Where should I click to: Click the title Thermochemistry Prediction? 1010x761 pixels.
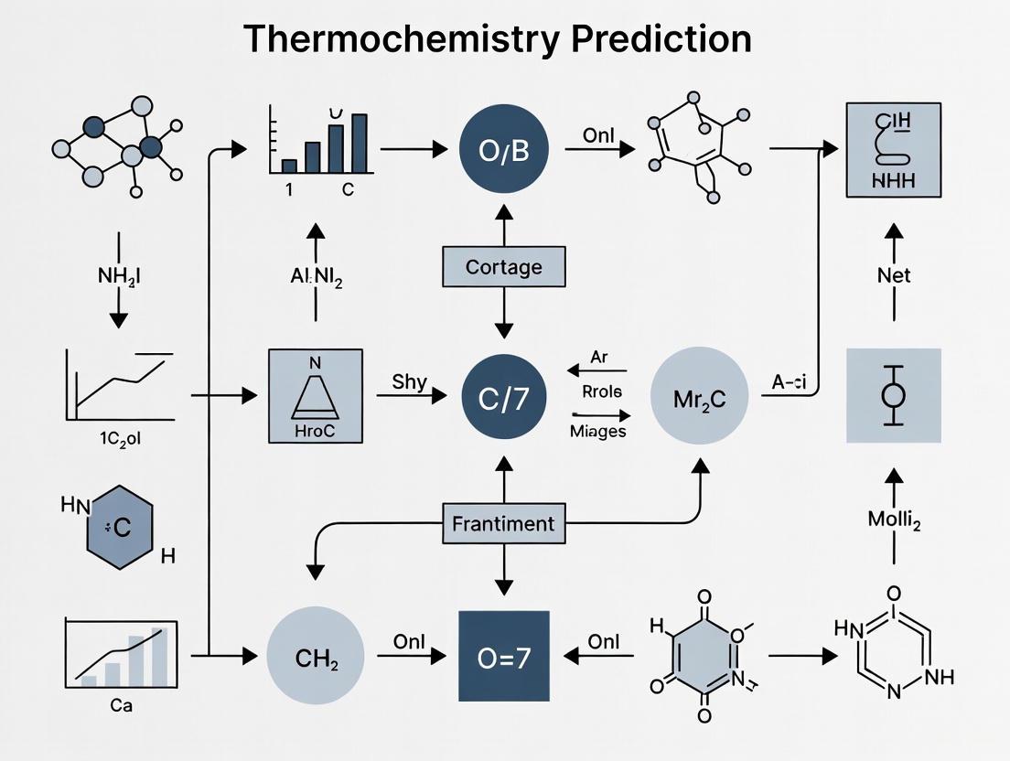[498, 38]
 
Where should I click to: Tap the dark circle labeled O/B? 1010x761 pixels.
[504, 150]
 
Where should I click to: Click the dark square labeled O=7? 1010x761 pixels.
[503, 657]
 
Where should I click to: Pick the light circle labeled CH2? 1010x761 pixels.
[315, 657]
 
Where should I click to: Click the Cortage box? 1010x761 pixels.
[503, 267]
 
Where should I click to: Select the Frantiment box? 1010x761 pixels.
[503, 524]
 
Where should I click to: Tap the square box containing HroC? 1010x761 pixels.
[316, 395]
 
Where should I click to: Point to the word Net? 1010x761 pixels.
[894, 274]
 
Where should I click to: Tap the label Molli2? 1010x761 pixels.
[894, 521]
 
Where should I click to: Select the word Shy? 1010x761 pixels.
[409, 381]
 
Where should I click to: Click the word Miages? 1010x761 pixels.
[597, 431]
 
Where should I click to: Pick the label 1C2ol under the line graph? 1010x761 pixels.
[120, 437]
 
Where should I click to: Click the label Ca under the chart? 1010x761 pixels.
[120, 706]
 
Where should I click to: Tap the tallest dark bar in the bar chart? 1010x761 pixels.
[360, 144]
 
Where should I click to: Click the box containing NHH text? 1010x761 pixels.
[894, 150]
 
